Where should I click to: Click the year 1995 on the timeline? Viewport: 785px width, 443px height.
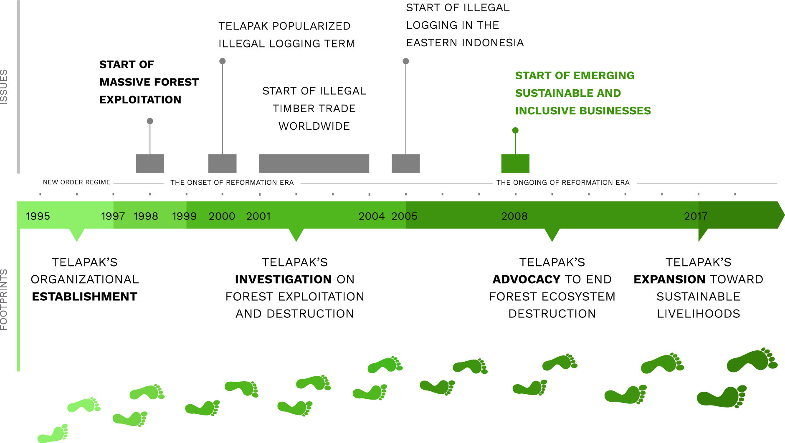tap(38, 216)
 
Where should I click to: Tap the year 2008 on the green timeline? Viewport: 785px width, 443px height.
tap(514, 216)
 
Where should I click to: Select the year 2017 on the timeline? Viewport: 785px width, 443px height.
tap(696, 216)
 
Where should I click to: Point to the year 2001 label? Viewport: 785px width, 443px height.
tap(258, 216)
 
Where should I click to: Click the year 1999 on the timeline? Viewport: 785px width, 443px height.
tap(184, 216)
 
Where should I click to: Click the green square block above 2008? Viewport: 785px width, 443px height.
tap(515, 164)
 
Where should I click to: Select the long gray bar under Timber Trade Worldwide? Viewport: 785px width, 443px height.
tap(314, 164)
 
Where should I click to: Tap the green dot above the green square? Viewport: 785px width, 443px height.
tap(515, 131)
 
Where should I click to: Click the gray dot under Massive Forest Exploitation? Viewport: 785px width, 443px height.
tap(150, 121)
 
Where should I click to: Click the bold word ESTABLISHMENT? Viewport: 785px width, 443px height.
tap(85, 297)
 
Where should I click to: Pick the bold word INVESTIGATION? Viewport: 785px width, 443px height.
tap(284, 279)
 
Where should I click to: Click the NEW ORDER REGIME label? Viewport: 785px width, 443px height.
tap(77, 182)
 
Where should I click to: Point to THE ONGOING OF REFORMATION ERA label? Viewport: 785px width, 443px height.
tap(563, 182)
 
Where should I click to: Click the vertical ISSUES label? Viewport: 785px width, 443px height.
tap(4, 87)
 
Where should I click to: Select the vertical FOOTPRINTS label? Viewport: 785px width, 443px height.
tap(4, 300)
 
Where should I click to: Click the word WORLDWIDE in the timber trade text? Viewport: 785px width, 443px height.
tap(314, 126)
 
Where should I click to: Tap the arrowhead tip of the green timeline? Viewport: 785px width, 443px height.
tap(784, 215)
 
